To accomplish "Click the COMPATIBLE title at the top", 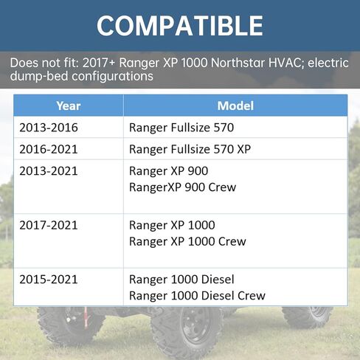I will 179,25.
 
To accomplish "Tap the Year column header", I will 69,105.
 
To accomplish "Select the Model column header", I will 235,105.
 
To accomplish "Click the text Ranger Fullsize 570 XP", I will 190,149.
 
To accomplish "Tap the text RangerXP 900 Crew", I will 182,187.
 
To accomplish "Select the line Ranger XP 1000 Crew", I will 187,241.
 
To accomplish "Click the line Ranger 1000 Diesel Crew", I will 196,296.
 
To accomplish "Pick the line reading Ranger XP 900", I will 168,171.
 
